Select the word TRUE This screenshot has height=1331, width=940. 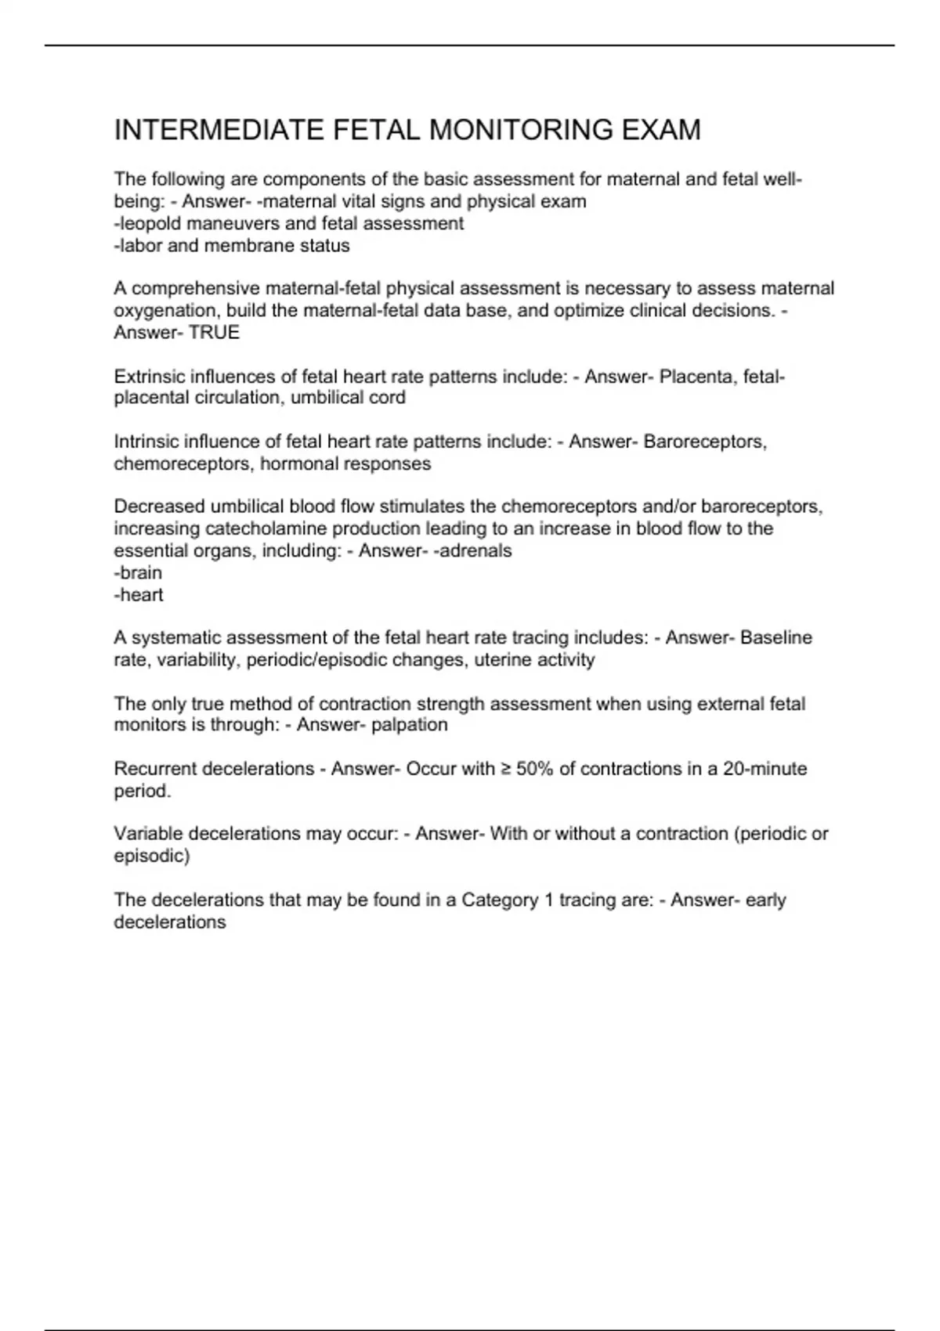(214, 332)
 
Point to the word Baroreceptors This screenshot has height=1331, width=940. (705, 442)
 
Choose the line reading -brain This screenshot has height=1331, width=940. (138, 572)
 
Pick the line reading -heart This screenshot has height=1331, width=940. (139, 594)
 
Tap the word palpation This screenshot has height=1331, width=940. (410, 724)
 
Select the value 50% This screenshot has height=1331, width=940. (535, 769)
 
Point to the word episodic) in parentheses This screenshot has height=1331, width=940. (152, 856)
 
